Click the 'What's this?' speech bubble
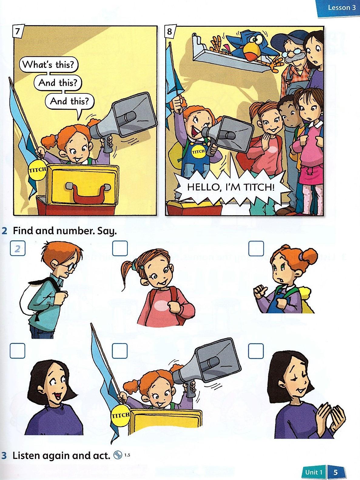pyautogui.click(x=49, y=64)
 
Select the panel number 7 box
pyautogui.click(x=18, y=32)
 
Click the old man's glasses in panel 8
pyautogui.click(x=290, y=54)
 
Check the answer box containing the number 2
pyautogui.click(x=17, y=249)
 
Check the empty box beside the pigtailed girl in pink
pyautogui.click(x=119, y=249)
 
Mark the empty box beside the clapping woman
pyautogui.click(x=256, y=351)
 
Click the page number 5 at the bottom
pyautogui.click(x=336, y=472)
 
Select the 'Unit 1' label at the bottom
pyautogui.click(x=314, y=472)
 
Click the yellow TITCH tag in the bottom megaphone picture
pyautogui.click(x=121, y=415)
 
